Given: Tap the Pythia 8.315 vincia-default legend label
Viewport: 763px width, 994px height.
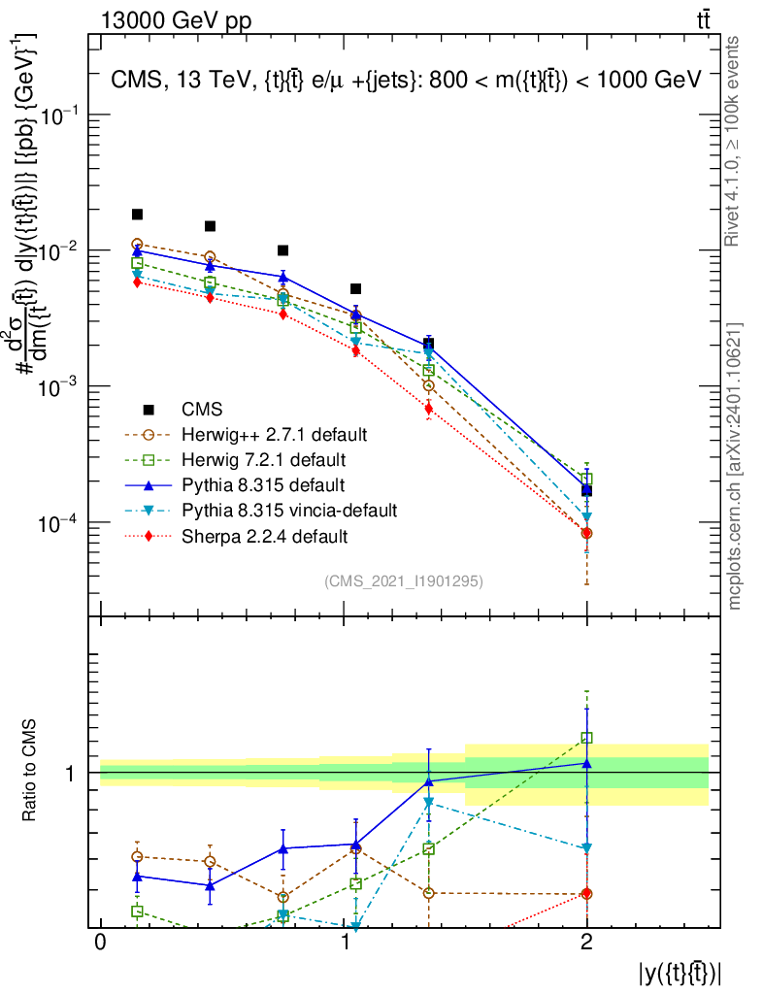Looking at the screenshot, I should click(290, 510).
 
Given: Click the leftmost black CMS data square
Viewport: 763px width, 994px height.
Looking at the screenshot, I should click(138, 215).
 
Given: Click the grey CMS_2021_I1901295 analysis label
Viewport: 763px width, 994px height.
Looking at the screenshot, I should click(404, 580).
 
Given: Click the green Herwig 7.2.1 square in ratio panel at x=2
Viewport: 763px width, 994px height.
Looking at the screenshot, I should click(586, 738).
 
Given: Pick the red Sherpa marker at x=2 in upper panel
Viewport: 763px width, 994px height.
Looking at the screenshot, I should click(586, 533).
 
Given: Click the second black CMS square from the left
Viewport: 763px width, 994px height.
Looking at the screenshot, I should click(210, 226).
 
